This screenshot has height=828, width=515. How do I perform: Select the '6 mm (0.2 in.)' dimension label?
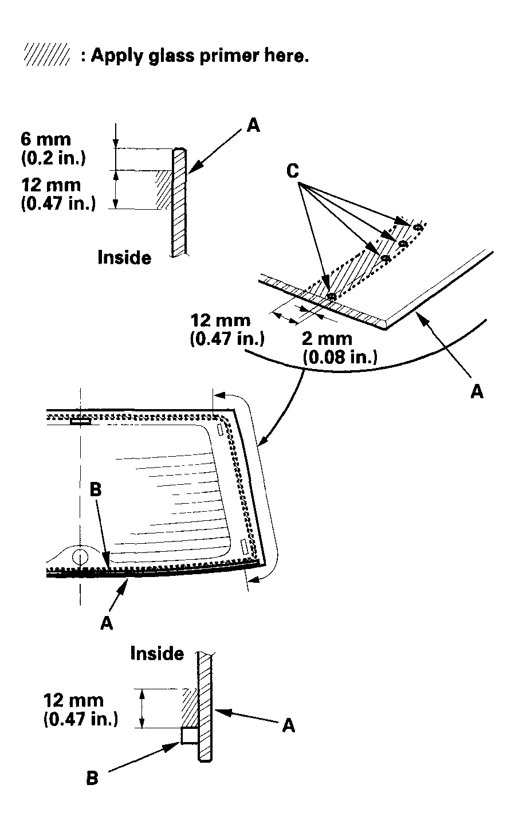point(53,148)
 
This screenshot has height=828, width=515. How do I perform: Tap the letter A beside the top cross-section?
point(253,125)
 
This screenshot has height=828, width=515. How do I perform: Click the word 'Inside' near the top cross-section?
point(124,257)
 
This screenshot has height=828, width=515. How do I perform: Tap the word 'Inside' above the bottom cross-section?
point(157,653)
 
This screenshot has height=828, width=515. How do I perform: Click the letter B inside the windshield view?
point(96,490)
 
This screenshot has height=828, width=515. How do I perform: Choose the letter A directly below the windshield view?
point(107,623)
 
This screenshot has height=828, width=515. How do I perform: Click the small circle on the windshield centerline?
point(80,555)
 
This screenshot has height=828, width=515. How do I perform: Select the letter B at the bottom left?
point(92,778)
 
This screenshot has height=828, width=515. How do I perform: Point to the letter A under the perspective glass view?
point(477,391)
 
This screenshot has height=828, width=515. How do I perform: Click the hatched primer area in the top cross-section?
point(163,189)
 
